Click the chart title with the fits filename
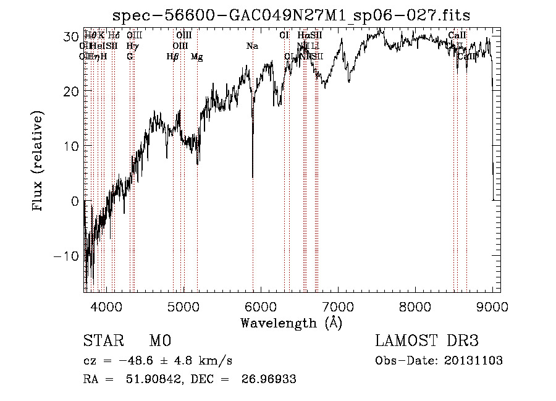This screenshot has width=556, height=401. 296,15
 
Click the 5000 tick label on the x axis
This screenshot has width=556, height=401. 183,306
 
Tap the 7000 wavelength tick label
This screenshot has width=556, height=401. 338,306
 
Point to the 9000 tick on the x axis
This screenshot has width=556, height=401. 492,306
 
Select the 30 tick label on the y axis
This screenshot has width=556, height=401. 70,36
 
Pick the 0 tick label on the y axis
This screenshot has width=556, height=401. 75,201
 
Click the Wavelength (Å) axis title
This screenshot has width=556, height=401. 291,323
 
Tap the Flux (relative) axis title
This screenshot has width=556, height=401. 39,162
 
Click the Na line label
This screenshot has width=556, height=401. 252,46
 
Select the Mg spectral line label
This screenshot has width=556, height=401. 196,56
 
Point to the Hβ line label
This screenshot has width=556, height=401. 172,56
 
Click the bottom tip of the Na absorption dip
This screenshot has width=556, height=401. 253,177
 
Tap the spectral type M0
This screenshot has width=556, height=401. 160,342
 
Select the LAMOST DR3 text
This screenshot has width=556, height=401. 427,342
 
